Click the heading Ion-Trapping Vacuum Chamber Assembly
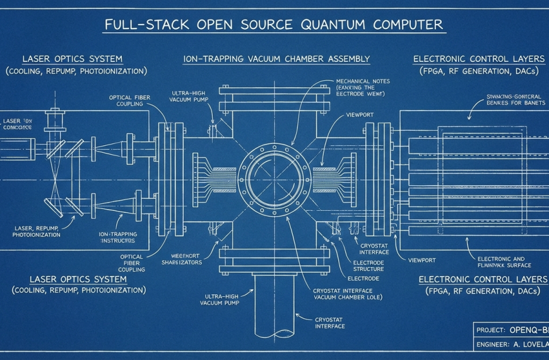pyautogui.click(x=276, y=59)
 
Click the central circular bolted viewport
pyautogui.click(x=274, y=171)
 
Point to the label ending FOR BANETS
pyautogui.click(x=512, y=101)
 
